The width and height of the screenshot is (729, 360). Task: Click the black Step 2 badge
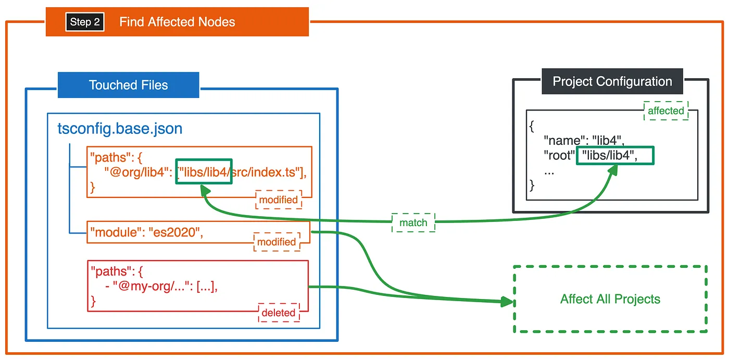(x=85, y=22)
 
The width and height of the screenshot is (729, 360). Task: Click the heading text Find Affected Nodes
(x=177, y=22)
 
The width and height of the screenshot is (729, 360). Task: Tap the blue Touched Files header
(x=129, y=85)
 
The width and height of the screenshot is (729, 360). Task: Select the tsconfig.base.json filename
(x=120, y=129)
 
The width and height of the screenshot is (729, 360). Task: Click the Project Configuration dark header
(x=612, y=81)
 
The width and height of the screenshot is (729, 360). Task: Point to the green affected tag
(x=666, y=110)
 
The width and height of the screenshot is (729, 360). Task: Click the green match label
(x=413, y=222)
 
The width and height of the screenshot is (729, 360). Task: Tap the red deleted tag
(x=279, y=313)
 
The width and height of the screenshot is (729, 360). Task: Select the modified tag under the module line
(x=276, y=242)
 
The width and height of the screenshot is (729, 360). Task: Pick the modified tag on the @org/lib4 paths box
(x=279, y=200)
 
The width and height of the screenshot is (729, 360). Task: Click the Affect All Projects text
(x=610, y=299)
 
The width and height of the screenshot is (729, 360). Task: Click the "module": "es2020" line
(x=147, y=232)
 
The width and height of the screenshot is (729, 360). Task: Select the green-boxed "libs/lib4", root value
(x=615, y=156)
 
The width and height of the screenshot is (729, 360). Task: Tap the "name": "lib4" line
(x=584, y=141)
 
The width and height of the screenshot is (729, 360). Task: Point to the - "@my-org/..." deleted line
(x=161, y=286)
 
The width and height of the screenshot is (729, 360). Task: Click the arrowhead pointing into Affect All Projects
(x=507, y=302)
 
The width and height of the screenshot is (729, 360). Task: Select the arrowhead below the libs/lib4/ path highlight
(x=205, y=191)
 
